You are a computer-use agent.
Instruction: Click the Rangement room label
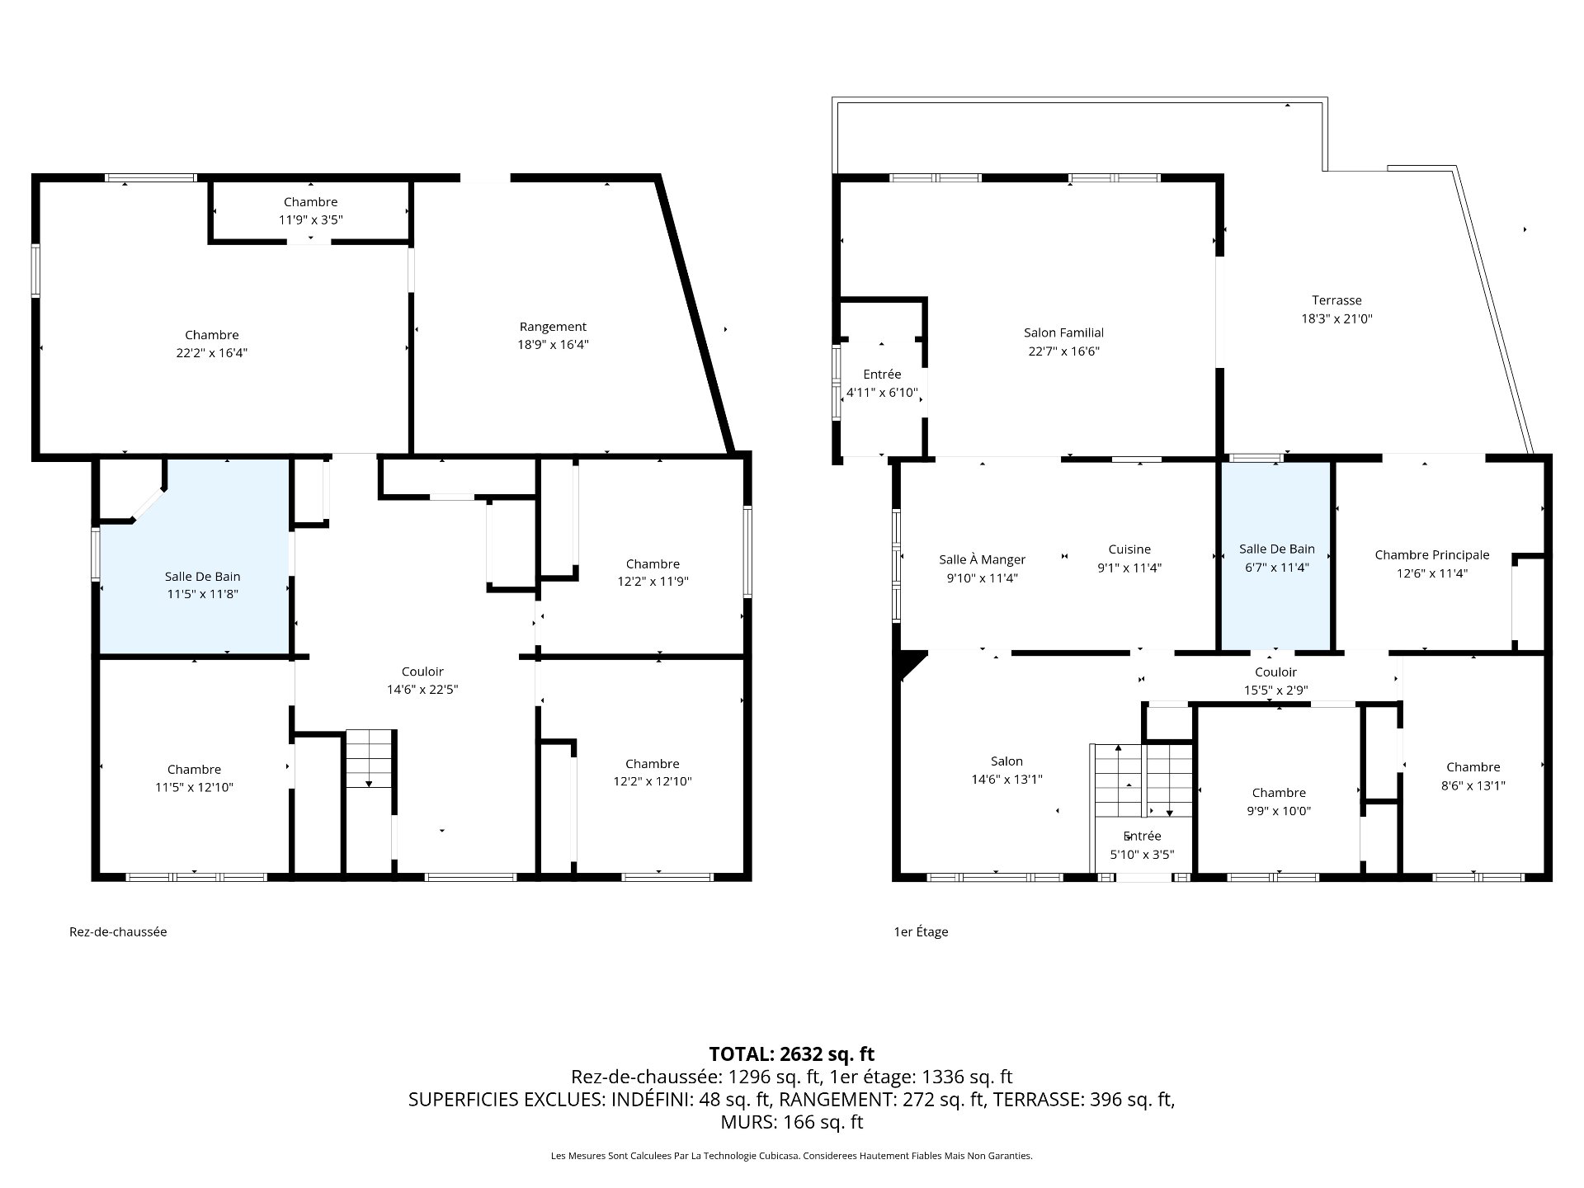[x=553, y=327]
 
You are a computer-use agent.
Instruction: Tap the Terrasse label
[x=1336, y=300]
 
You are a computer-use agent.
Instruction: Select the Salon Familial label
[x=1063, y=332]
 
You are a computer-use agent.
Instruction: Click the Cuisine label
[x=1129, y=549]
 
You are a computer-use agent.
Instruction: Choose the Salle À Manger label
[x=982, y=559]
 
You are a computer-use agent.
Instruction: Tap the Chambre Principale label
[x=1432, y=555]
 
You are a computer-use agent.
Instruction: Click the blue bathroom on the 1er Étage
[x=1275, y=555]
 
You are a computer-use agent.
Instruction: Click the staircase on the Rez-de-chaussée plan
[x=369, y=759]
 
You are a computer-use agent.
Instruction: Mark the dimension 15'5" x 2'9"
[x=1275, y=691]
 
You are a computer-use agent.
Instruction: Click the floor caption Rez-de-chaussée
[x=118, y=931]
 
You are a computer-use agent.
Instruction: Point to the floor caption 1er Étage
[x=921, y=931]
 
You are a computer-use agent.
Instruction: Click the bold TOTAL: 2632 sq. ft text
[x=791, y=1054]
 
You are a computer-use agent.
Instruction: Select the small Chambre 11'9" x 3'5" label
[x=310, y=210]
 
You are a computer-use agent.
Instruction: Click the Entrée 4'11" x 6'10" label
[x=882, y=384]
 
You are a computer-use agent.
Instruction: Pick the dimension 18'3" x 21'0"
[x=1336, y=318]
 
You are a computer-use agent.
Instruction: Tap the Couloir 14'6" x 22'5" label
[x=422, y=681]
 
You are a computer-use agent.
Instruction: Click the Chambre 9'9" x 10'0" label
[x=1279, y=802]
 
